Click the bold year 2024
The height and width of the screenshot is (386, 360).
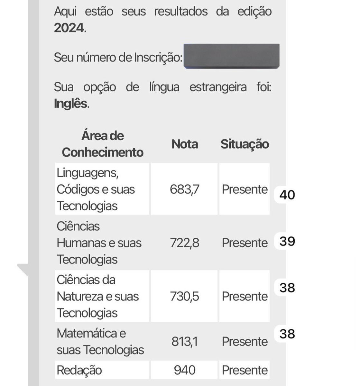click(69, 28)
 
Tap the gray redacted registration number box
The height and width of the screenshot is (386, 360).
click(231, 56)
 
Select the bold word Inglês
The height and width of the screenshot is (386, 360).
click(71, 104)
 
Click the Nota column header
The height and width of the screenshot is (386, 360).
click(185, 144)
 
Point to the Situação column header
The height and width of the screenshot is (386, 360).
click(245, 144)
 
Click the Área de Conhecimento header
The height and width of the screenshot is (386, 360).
click(102, 144)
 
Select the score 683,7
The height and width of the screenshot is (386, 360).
click(185, 189)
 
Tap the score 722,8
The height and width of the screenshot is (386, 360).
click(185, 243)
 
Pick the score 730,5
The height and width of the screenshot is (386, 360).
click(185, 296)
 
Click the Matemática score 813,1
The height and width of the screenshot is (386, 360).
click(185, 341)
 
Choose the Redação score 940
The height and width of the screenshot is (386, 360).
click(185, 370)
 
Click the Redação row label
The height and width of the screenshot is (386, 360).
click(79, 370)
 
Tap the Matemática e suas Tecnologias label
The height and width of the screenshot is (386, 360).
click(100, 341)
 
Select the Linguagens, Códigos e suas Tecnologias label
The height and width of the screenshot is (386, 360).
click(96, 189)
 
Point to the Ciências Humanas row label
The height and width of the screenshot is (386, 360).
click(99, 243)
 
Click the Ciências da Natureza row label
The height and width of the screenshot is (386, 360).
click(97, 296)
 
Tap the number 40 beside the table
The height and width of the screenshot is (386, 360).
click(287, 195)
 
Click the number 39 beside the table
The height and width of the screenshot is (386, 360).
click(287, 241)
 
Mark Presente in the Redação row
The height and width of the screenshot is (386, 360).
click(245, 370)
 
